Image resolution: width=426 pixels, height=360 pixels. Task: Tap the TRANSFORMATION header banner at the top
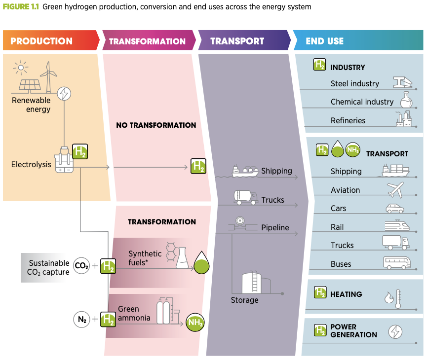pos(147,41)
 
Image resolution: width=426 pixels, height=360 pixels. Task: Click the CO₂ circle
pos(81,266)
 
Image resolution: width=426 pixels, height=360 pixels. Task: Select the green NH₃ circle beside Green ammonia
pos(194,323)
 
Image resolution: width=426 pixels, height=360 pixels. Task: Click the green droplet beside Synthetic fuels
pos(201,263)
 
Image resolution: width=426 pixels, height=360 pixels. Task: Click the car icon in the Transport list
pos(395,208)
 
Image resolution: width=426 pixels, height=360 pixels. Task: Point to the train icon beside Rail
pos(397,226)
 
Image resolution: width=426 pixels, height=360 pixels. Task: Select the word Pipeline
pos(275,228)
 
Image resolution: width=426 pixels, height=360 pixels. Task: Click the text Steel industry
pos(354,83)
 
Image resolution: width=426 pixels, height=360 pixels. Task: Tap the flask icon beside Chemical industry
pos(406,100)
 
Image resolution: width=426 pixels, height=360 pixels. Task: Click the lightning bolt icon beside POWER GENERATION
pos(396,332)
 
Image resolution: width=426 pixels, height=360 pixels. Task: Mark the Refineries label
pos(348,120)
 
